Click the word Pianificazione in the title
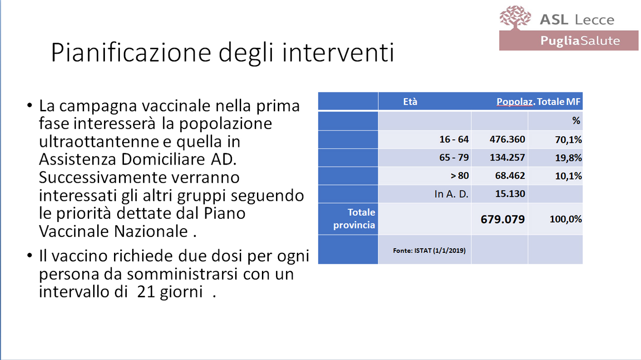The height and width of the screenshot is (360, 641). click(131, 52)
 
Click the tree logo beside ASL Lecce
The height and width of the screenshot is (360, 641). click(515, 17)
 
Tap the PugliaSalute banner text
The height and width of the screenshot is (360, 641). click(580, 41)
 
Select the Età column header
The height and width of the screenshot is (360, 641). click(410, 102)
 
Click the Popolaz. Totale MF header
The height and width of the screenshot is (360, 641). click(538, 102)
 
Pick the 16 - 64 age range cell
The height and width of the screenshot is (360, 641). click(454, 139)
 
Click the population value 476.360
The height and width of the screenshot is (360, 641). click(508, 139)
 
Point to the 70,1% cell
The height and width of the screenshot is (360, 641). click(568, 140)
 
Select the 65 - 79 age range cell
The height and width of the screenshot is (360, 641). click(454, 157)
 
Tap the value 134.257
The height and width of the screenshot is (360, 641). click(508, 157)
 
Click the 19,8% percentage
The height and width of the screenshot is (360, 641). click(568, 158)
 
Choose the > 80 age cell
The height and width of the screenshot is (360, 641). click(460, 175)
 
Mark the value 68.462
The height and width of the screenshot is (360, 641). click(510, 175)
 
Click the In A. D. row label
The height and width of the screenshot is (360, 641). click(451, 194)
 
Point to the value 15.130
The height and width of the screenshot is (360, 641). click(510, 194)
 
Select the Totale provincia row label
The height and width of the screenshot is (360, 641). click(354, 218)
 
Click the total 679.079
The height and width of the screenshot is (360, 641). click(503, 219)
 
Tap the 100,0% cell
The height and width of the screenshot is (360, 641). click(565, 219)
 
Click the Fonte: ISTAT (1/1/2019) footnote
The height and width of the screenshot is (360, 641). click(429, 251)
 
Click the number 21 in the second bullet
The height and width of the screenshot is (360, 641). click(146, 292)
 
